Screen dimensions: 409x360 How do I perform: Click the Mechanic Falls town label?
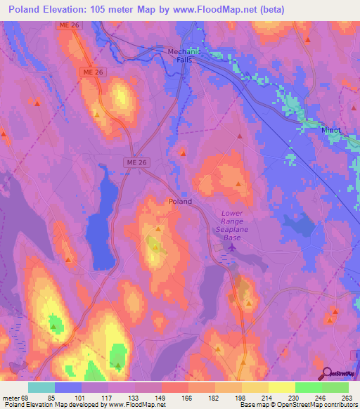tap(184, 56)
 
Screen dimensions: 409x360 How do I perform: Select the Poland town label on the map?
tap(180, 201)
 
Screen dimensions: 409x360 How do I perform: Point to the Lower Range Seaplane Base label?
tap(231, 225)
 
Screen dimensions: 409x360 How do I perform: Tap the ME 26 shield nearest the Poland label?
tap(137, 163)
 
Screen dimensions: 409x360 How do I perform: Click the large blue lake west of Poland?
tap(103, 221)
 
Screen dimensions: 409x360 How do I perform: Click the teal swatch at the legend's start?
tap(41, 387)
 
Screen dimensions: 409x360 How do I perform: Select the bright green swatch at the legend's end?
tap(335, 387)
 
